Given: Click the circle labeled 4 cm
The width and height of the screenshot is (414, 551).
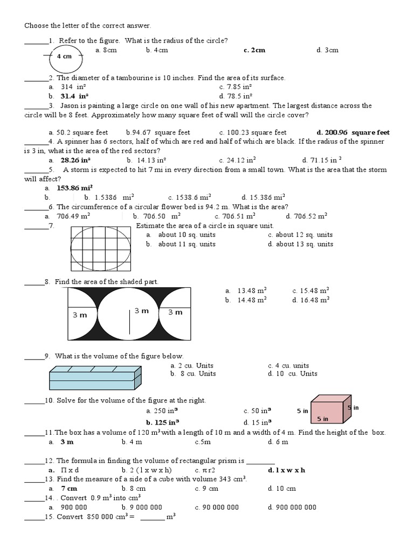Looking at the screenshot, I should point(64,56).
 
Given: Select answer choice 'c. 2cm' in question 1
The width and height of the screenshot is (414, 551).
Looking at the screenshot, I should point(254,50).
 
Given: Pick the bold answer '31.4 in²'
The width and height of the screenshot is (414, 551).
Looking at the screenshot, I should point(74,96).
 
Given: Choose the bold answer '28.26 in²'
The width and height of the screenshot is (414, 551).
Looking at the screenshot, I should point(75,160).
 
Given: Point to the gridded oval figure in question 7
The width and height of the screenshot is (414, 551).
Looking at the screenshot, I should point(101,248).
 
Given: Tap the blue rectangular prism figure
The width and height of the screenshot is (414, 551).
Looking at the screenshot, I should point(95,377).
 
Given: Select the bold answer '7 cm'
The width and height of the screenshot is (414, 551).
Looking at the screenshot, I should point(69,489).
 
